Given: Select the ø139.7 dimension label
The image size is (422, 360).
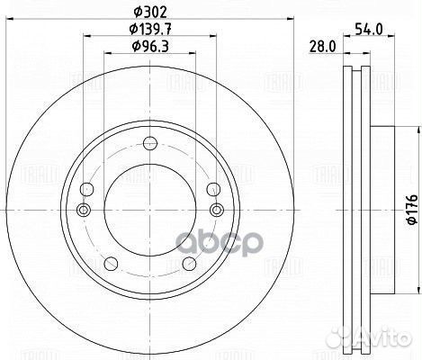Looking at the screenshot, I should coord(148,30).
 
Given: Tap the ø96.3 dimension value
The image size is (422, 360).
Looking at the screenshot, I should coord(148,46).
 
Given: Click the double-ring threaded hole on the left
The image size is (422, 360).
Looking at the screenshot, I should coord(84,210).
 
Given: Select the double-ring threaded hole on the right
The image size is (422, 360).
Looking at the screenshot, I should coord(214,210).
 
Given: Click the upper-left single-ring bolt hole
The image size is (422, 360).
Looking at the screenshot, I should coord(86,189).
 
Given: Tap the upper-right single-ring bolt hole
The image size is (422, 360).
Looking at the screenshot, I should coord(212,189).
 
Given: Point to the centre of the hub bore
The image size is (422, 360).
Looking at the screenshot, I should coord(149,210).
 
